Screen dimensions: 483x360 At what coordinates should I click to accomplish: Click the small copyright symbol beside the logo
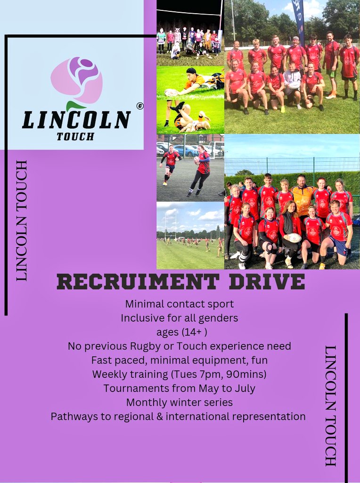(140, 107)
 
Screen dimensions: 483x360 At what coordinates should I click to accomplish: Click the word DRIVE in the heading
(263, 282)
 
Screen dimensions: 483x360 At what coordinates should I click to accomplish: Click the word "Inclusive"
(142, 318)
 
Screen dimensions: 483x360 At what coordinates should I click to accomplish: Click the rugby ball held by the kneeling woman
(295, 238)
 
